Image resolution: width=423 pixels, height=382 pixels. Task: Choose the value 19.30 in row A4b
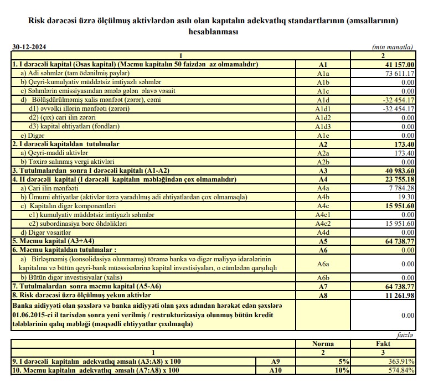click(x=406, y=197)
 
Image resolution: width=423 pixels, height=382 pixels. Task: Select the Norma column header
click(x=323, y=344)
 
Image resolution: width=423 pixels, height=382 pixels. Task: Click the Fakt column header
click(x=383, y=344)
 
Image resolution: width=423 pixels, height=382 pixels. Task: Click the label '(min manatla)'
click(x=394, y=48)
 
